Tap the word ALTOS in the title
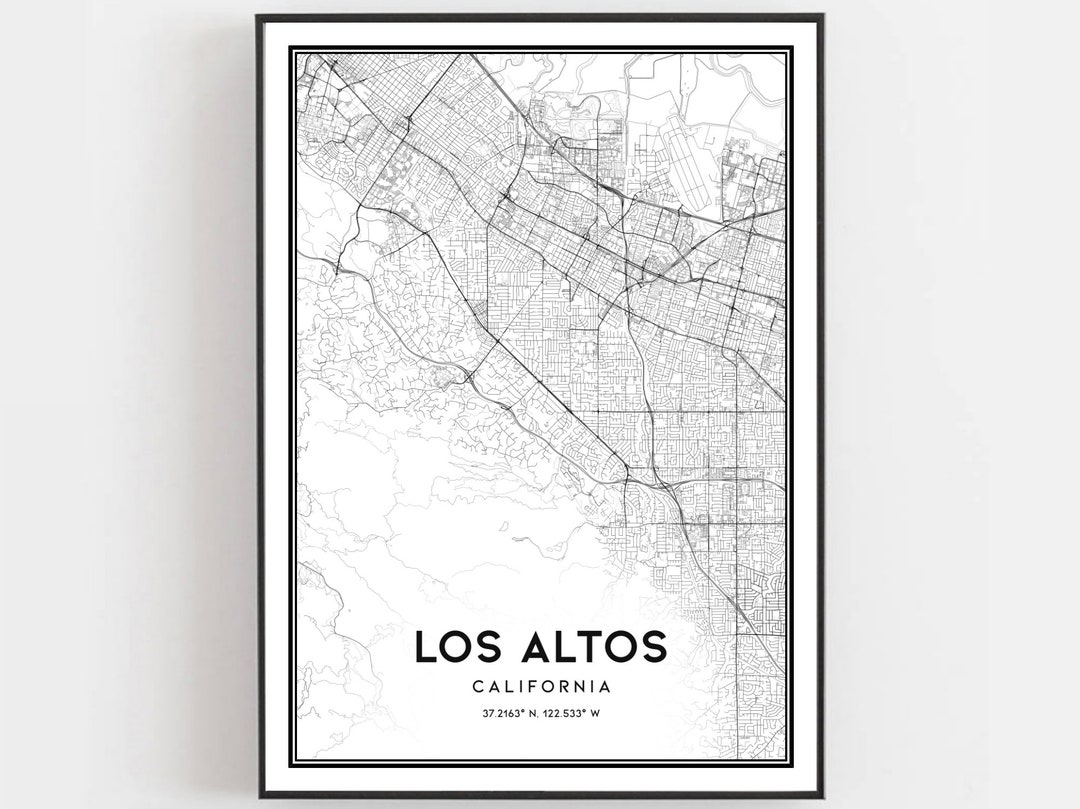tap(591, 647)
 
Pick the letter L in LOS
tap(425, 647)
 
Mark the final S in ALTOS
tap(653, 647)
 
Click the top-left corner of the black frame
tap(258, 16)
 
